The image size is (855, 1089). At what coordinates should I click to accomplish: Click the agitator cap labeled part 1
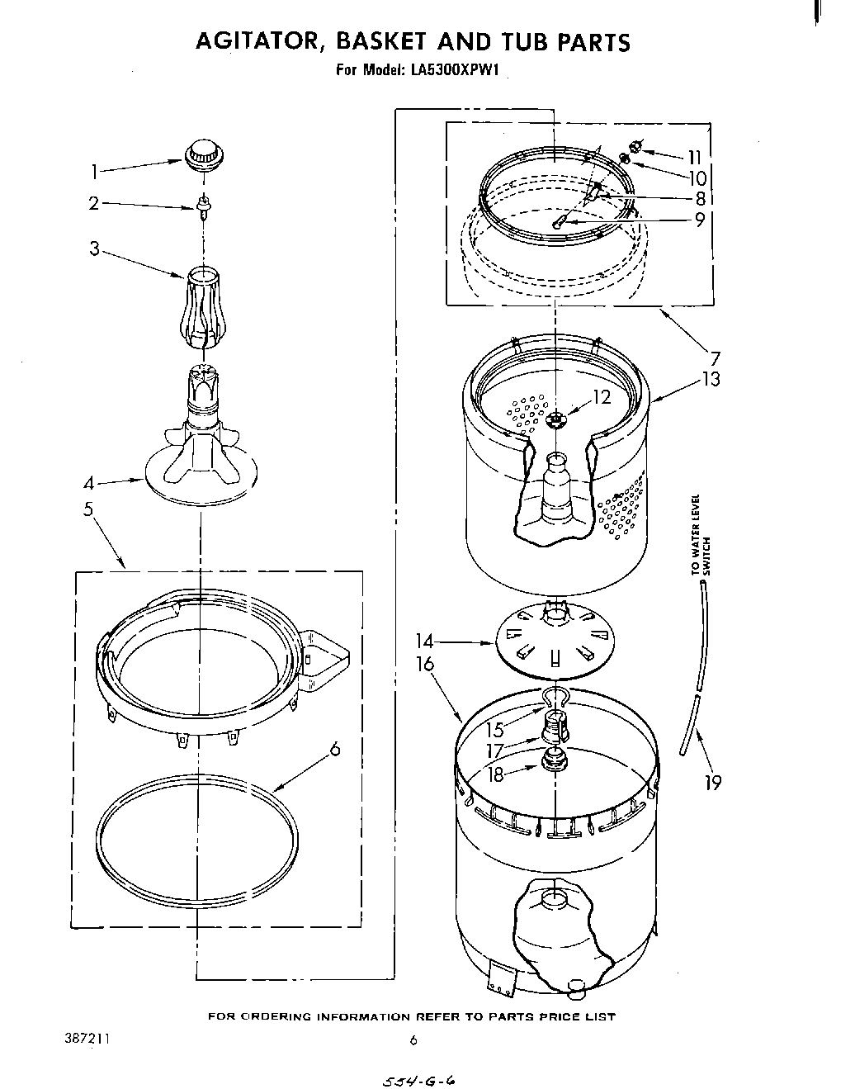[x=203, y=154]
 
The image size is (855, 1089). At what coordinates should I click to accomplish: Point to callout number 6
[x=334, y=749]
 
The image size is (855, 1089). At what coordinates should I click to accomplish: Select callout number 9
[x=699, y=220]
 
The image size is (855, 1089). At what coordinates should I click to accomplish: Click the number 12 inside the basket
[x=602, y=397]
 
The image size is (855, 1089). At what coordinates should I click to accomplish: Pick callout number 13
[x=711, y=379]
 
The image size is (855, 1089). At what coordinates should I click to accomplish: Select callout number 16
[x=425, y=665]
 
